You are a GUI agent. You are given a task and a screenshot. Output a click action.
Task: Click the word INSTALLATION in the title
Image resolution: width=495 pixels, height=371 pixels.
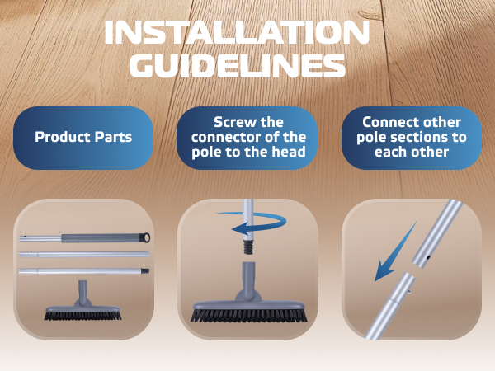(237, 32)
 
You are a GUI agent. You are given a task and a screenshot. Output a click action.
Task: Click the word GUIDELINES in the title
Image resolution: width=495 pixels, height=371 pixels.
(238, 66)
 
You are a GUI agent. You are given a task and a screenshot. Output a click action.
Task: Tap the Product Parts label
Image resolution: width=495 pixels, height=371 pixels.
(83, 137)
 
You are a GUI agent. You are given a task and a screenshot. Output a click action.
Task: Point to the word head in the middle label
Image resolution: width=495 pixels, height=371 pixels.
(289, 152)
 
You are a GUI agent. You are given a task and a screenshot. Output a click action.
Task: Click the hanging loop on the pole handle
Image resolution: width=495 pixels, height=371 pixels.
(145, 237)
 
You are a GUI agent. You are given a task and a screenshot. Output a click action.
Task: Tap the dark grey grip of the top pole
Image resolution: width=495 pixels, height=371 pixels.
(101, 238)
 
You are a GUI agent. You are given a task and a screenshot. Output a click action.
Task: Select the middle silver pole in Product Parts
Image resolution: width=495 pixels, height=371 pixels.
(84, 254)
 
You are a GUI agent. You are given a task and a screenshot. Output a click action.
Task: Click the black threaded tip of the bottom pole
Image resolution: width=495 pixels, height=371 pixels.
(145, 270)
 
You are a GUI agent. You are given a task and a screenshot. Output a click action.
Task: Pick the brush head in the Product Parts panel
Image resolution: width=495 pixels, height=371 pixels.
(82, 301)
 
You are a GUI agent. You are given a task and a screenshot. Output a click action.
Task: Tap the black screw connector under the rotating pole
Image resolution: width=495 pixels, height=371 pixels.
(249, 245)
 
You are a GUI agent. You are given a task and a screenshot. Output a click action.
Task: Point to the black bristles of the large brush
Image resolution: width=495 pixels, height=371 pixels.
(249, 315)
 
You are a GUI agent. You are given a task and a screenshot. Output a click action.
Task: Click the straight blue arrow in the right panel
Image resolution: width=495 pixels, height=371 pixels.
(394, 251)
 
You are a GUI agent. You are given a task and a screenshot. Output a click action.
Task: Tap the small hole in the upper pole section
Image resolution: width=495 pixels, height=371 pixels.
(428, 257)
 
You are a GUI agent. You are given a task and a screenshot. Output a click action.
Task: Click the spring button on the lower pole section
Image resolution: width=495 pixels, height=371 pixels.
(408, 292)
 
